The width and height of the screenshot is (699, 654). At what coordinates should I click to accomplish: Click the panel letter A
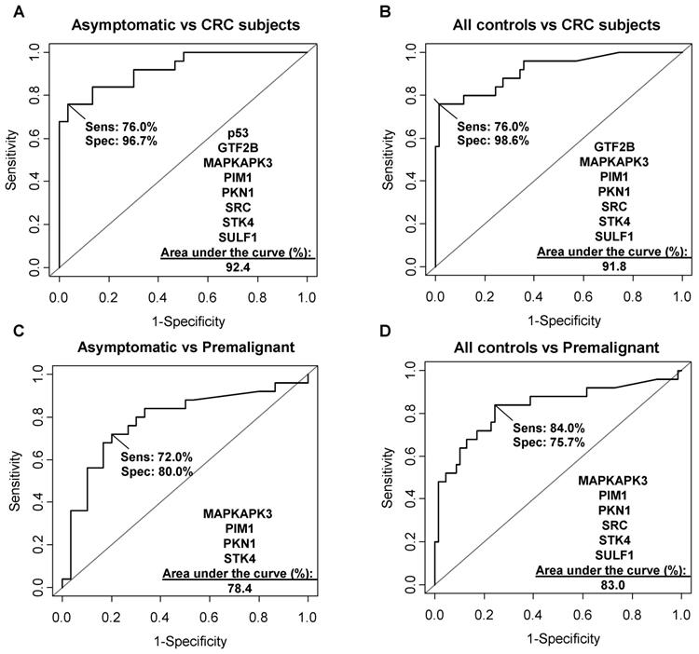point(8,9)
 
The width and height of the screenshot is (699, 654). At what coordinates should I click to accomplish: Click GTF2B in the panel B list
point(614,146)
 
